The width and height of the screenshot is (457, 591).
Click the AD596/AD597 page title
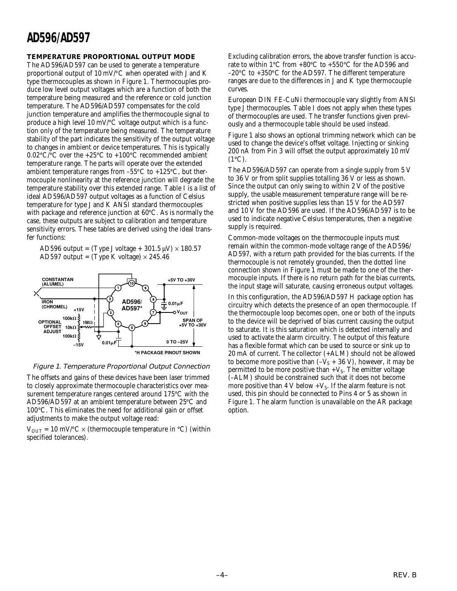coord(58,38)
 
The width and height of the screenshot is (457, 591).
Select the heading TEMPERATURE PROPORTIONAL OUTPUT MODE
coord(110,57)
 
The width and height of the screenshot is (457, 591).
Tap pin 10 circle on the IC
coord(132,284)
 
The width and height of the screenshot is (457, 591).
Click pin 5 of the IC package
coord(132,328)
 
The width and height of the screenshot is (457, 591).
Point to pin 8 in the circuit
coord(153,299)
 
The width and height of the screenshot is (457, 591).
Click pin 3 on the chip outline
coord(110,312)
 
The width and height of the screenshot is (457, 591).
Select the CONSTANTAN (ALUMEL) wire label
coord(57,282)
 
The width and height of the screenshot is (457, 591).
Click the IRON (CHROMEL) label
coord(54,304)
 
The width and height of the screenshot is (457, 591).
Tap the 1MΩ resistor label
coord(87,322)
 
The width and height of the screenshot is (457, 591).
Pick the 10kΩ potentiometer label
coord(70,327)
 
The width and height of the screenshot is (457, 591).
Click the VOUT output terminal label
coord(182,313)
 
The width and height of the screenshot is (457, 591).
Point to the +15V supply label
coord(79,310)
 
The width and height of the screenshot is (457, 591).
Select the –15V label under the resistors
coord(78,345)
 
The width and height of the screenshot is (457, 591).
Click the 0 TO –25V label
coord(177,342)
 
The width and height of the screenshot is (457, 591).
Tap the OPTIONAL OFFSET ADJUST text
coord(50,326)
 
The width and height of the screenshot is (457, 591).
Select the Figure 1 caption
coord(121,366)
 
